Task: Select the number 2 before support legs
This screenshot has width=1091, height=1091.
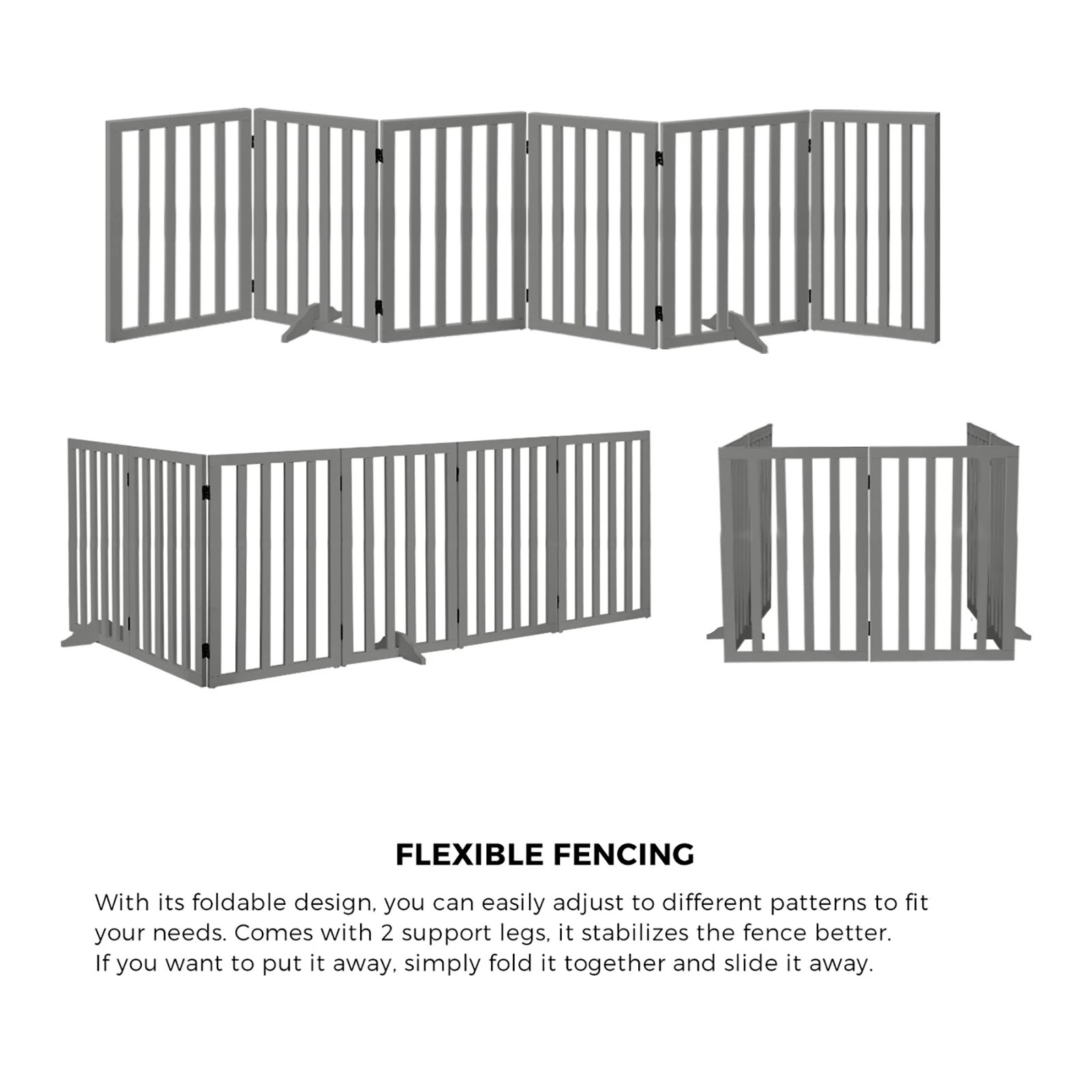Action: [387, 933]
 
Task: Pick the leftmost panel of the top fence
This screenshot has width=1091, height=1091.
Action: [179, 225]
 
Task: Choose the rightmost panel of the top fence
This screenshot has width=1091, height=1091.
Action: [875, 225]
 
